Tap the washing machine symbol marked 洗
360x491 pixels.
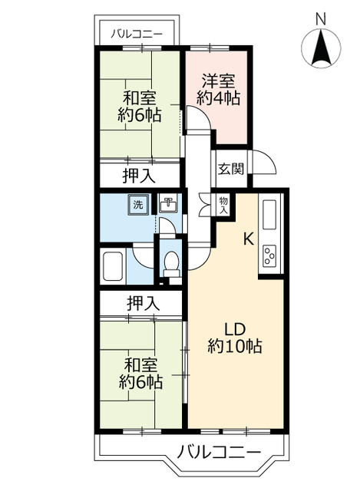click(x=138, y=205)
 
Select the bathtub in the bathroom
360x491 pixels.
click(x=113, y=266)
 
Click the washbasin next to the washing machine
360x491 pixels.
click(x=169, y=204)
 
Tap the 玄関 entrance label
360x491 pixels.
click(x=230, y=170)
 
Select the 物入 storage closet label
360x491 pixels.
click(x=223, y=206)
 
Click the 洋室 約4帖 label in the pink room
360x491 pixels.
click(x=218, y=90)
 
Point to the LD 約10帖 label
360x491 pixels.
click(x=235, y=338)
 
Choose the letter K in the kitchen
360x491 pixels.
click(x=249, y=240)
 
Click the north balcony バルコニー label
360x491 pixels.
click(x=137, y=34)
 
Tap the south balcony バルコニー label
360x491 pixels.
click(x=220, y=452)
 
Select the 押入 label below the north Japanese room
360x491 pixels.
click(x=138, y=176)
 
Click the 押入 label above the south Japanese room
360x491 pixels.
click(x=144, y=303)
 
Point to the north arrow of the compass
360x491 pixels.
click(x=321, y=46)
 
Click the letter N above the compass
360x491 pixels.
click(x=320, y=19)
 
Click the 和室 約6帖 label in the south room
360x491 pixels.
click(x=140, y=374)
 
